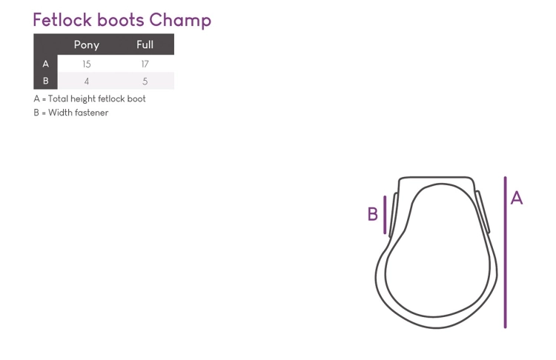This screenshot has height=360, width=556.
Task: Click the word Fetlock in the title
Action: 62,20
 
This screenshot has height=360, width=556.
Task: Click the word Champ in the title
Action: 180,21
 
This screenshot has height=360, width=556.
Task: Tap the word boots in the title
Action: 121,20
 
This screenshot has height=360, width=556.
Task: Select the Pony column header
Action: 87,45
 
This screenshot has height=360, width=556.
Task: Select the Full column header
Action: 145,44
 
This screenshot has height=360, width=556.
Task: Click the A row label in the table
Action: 46,64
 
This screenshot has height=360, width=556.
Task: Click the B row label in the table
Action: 46,81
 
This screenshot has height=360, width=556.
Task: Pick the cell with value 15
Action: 87,64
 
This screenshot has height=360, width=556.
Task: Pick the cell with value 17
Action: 145,64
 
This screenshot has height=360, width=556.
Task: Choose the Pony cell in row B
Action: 87,81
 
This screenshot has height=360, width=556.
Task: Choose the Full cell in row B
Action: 145,81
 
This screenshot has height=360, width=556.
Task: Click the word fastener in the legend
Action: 93,113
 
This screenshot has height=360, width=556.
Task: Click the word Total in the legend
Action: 58,99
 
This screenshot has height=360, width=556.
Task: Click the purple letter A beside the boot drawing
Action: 517,198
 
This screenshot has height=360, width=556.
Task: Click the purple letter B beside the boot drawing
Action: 373,214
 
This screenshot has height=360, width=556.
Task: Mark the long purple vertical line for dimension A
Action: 506,253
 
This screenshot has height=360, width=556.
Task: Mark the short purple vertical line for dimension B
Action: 385,215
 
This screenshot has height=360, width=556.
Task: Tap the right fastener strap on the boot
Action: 483,212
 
